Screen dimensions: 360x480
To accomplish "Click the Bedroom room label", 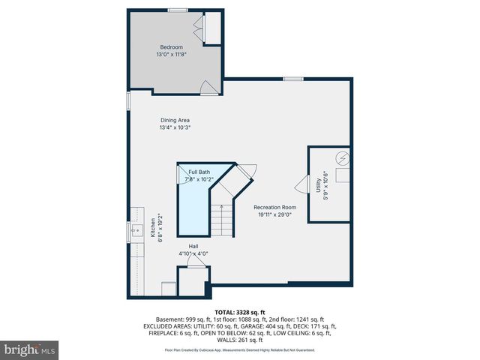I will (171, 47).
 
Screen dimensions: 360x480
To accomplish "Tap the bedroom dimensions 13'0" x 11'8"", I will (171, 55).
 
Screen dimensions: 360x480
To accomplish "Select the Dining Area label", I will (175, 120).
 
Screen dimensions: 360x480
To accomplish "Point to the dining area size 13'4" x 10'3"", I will (175, 127).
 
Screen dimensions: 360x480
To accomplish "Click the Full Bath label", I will (199, 172).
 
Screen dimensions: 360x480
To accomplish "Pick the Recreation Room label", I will (274, 207).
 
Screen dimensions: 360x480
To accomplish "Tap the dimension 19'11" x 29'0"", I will (274, 214).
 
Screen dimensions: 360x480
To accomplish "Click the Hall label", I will (193, 246).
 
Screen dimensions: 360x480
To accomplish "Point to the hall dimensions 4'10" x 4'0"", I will (193, 253).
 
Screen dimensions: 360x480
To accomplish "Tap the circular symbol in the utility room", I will (343, 159).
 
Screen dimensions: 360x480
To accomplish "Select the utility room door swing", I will (303, 184).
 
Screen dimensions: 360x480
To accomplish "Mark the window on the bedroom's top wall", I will (178, 10).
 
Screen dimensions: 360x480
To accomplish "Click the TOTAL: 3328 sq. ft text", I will (240, 311).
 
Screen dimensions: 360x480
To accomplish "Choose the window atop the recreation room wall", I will (292, 78).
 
